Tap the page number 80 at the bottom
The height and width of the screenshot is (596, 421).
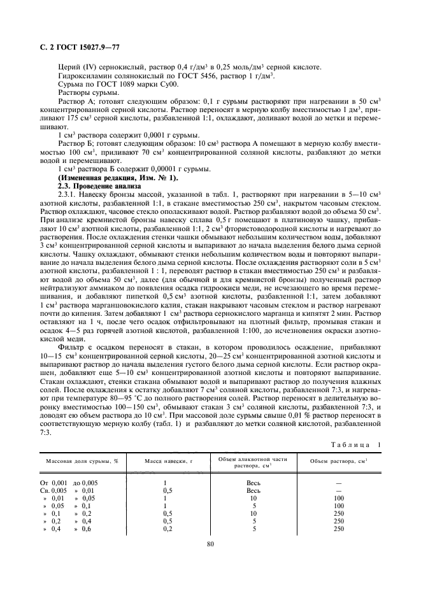(x=211, y=543)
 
